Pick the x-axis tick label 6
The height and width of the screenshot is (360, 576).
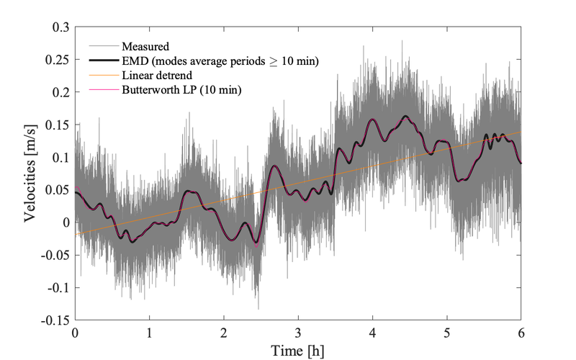pos(521,334)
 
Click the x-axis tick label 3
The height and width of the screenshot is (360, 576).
pos(298,334)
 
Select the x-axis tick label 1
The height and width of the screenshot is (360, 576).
pos(149,334)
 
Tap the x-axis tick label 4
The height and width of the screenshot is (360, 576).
pos(372,334)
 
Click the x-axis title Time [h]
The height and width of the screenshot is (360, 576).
pos(298,351)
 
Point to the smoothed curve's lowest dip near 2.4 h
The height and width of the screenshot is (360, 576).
pos(256,245)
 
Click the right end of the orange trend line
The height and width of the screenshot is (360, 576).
pos(521,132)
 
